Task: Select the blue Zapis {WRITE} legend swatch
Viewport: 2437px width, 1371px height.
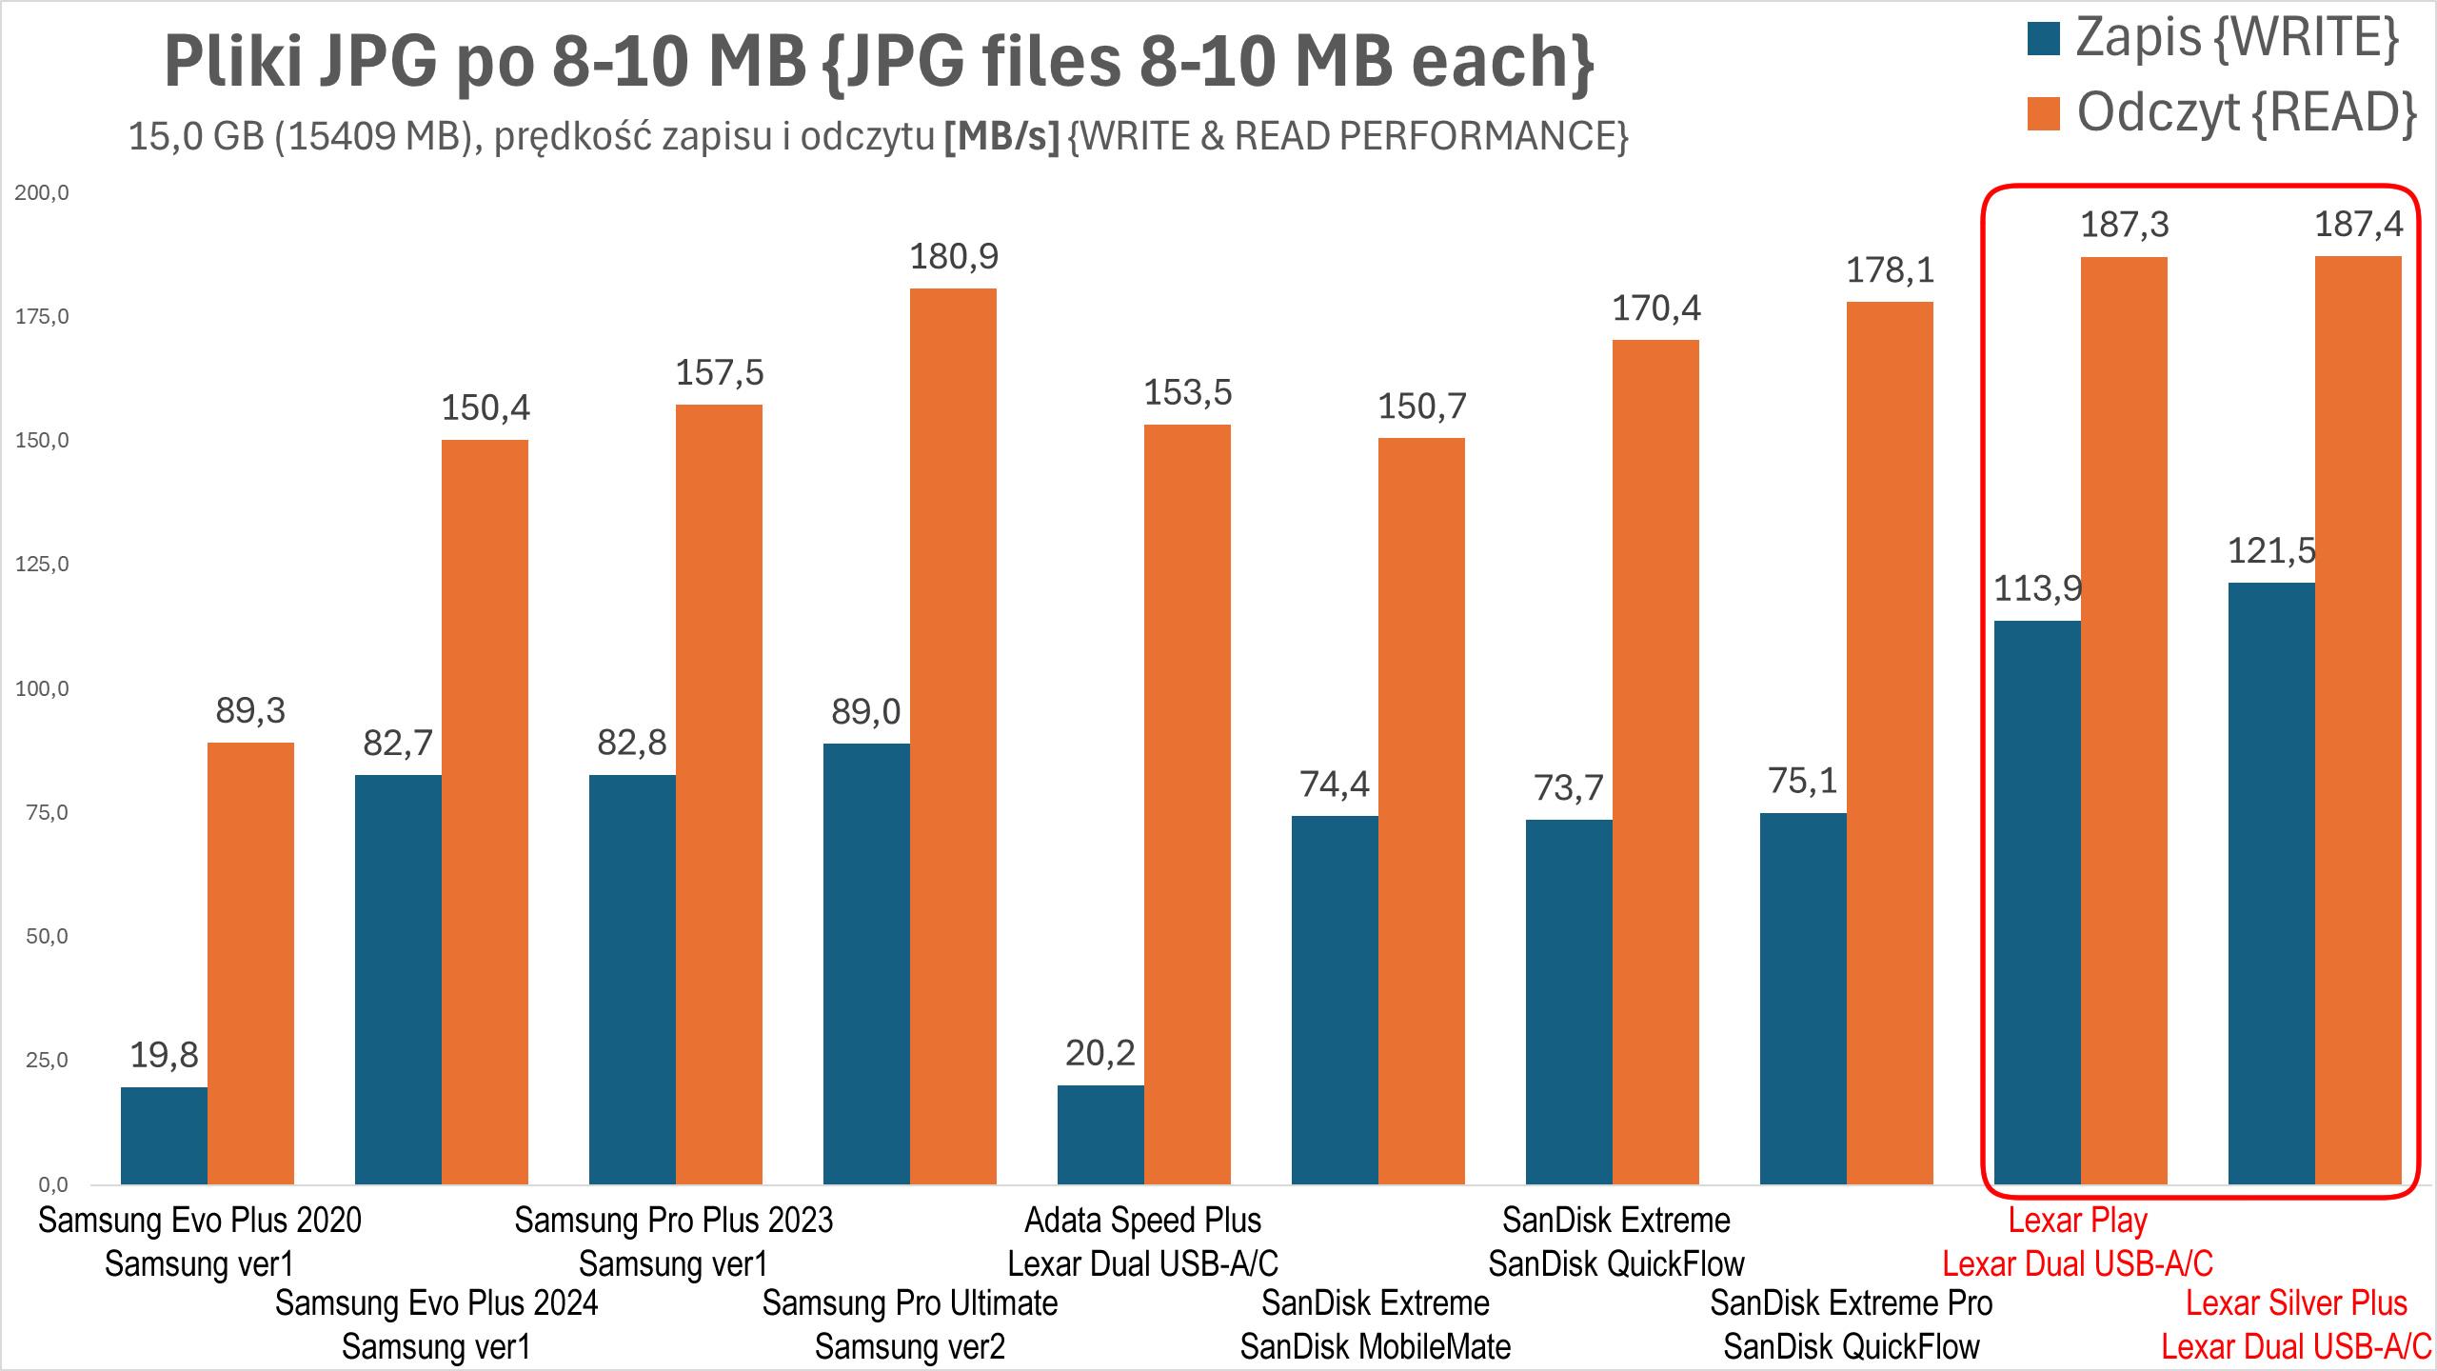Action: tap(2044, 39)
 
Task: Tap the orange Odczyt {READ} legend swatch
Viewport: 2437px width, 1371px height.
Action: tap(2044, 112)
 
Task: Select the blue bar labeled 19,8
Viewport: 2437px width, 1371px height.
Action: tap(164, 1136)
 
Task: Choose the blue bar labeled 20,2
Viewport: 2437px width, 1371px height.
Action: tap(1100, 1135)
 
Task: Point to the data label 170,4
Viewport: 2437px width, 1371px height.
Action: tap(1656, 308)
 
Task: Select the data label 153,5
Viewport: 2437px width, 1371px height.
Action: tap(1188, 392)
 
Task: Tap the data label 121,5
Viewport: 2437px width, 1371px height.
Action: tap(2271, 550)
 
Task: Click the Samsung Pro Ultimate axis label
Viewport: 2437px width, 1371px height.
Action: tap(910, 1302)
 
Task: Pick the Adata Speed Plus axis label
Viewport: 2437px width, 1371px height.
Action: tap(1142, 1220)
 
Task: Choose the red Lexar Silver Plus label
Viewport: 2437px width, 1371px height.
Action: tap(2296, 1302)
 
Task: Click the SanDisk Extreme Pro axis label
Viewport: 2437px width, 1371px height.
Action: tap(1851, 1302)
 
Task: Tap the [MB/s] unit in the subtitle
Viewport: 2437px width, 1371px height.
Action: tap(1001, 138)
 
